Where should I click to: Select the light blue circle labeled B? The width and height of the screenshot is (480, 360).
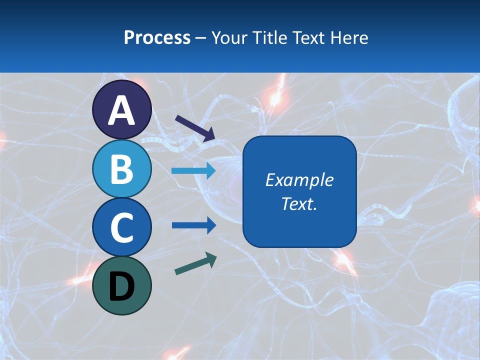pyautogui.click(x=122, y=169)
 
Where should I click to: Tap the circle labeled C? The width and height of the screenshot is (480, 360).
pyautogui.click(x=122, y=227)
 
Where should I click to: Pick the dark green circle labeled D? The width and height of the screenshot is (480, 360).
pyautogui.click(x=122, y=285)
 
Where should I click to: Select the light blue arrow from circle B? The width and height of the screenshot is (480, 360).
pyautogui.click(x=193, y=171)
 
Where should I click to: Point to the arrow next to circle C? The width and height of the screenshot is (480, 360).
pyautogui.click(x=193, y=225)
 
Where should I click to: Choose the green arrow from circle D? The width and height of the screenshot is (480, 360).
pyautogui.click(x=195, y=264)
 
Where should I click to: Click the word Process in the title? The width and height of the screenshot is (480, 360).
pyautogui.click(x=157, y=38)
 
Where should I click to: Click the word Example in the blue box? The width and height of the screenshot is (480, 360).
pyautogui.click(x=299, y=180)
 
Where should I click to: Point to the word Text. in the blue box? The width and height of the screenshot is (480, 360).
pyautogui.click(x=299, y=204)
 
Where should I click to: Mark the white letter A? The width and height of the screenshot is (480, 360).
pyautogui.click(x=122, y=110)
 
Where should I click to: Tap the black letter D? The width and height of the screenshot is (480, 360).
pyautogui.click(x=122, y=287)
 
